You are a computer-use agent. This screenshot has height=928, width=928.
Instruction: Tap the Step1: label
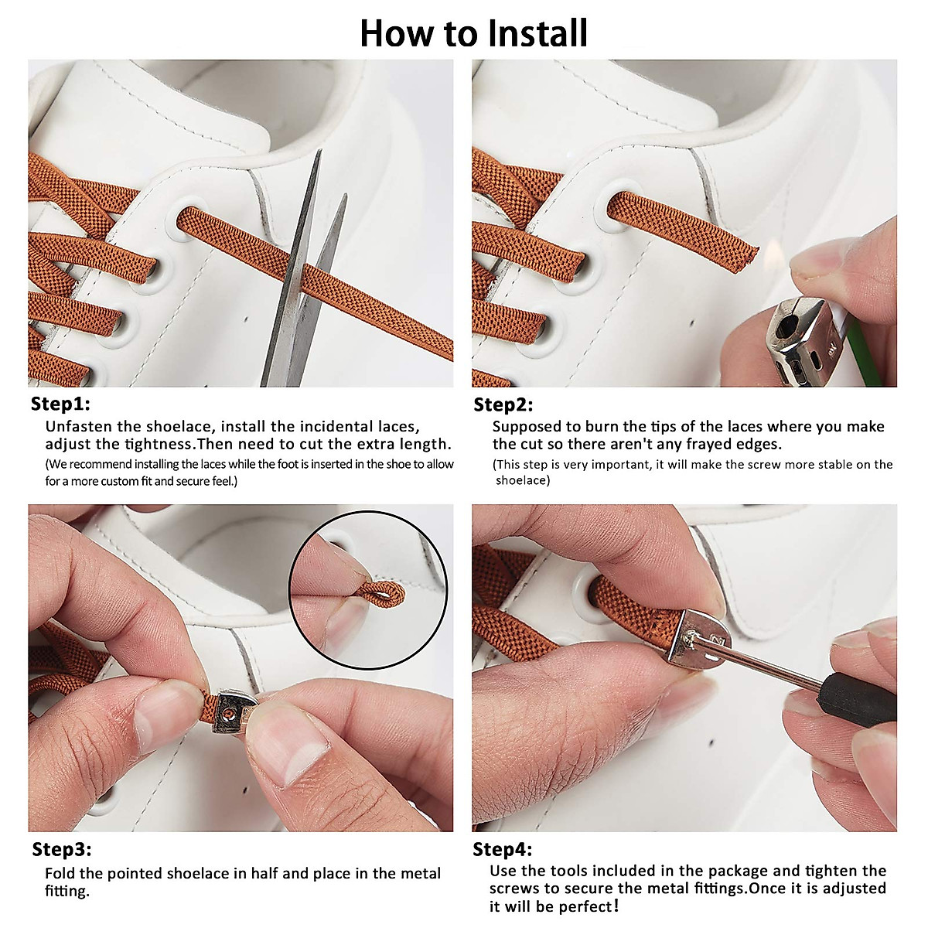(x=60, y=404)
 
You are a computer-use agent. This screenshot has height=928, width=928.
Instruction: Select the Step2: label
(x=503, y=404)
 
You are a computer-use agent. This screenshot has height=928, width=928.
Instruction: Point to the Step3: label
(x=62, y=849)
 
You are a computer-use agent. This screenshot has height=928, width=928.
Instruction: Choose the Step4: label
(x=503, y=849)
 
